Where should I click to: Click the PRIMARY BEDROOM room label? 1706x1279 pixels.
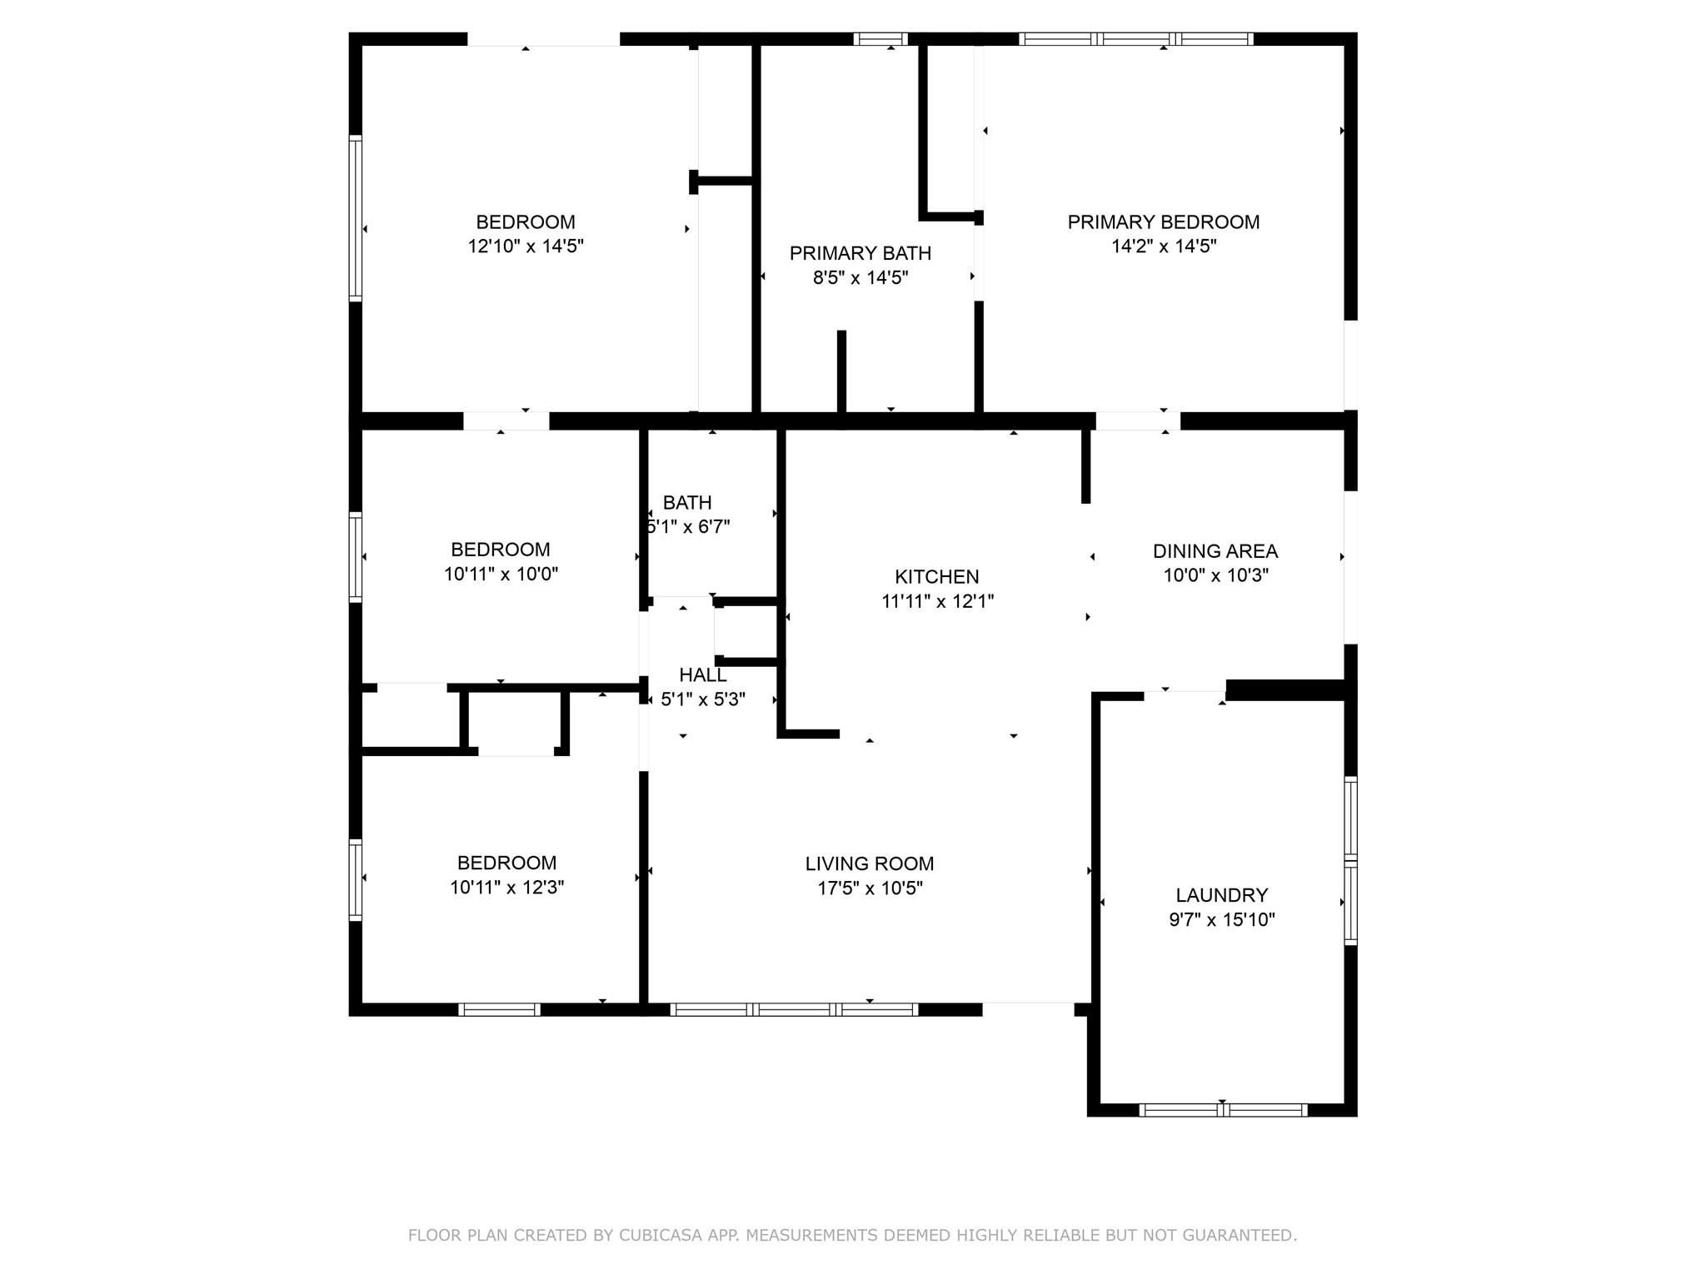[x=1164, y=222]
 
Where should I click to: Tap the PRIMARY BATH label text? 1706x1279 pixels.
[x=860, y=253]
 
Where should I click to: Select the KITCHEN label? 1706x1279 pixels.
[x=937, y=576]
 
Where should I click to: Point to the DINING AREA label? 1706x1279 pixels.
[x=1215, y=551]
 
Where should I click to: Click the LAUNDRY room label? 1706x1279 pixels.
[x=1222, y=895]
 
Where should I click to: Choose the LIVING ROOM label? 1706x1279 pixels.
[x=870, y=864]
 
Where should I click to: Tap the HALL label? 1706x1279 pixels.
[x=703, y=675]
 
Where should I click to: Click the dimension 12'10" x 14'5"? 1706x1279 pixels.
[x=526, y=246]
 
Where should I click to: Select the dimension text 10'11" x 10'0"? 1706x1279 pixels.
[x=501, y=574]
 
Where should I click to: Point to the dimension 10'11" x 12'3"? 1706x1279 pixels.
[x=507, y=888]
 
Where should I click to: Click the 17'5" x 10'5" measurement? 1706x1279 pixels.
[x=870, y=888]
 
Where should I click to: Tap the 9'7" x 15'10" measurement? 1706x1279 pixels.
[x=1222, y=919]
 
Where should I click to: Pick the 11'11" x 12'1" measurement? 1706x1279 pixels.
[x=938, y=601]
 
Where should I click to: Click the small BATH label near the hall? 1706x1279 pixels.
[x=687, y=503]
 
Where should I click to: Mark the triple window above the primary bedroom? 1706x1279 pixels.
[x=1136, y=39]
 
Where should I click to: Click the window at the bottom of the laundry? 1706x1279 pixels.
[x=1223, y=1110]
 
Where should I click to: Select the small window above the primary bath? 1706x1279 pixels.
[x=880, y=39]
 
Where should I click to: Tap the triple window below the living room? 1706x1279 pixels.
[x=794, y=1010]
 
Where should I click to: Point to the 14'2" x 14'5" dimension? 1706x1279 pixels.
[x=1165, y=246]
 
